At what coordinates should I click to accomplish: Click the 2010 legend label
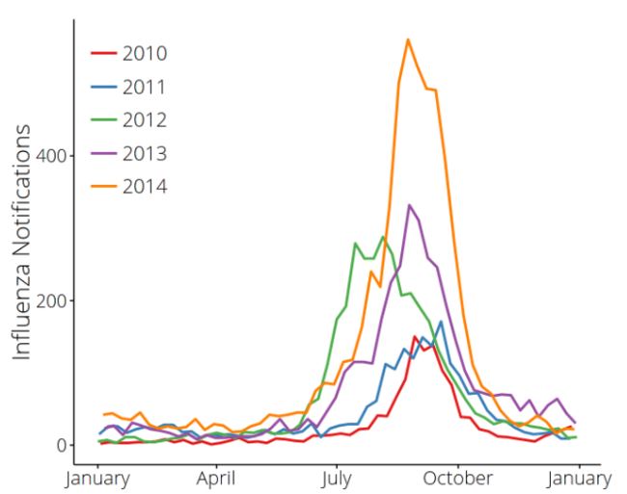pyautogui.click(x=145, y=53)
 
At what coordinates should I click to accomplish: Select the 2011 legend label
pyautogui.click(x=145, y=87)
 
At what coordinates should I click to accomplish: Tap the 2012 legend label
pyautogui.click(x=145, y=119)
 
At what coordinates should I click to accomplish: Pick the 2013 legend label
pyautogui.click(x=145, y=153)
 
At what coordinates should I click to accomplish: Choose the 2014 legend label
pyautogui.click(x=145, y=186)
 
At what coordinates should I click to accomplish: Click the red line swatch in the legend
pyautogui.click(x=104, y=53)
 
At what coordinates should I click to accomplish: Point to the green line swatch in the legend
pyautogui.click(x=104, y=119)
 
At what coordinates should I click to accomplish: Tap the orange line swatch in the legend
pyautogui.click(x=104, y=186)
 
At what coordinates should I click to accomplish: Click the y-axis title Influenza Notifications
pyautogui.click(x=23, y=241)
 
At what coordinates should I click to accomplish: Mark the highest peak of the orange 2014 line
pyautogui.click(x=408, y=39)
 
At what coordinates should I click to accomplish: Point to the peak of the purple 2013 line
pyautogui.click(x=409, y=205)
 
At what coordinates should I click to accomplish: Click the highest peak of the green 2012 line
pyautogui.click(x=383, y=236)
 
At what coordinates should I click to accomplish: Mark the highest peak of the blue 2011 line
pyautogui.click(x=441, y=322)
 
